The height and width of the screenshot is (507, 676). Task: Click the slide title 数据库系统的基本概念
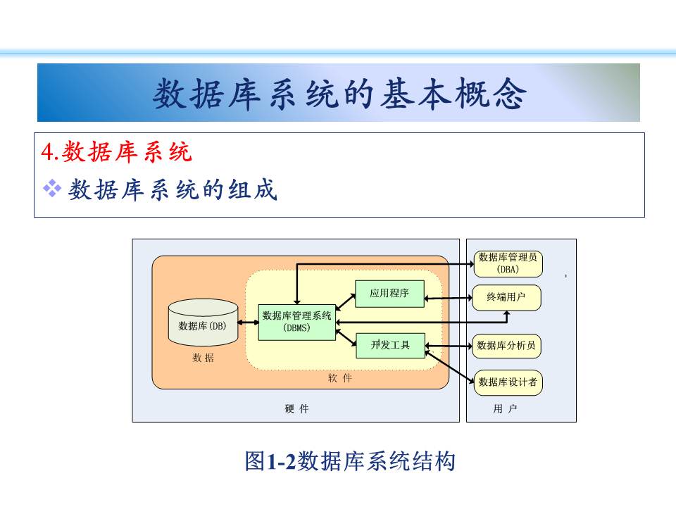(339, 94)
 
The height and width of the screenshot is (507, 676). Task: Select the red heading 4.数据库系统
(117, 151)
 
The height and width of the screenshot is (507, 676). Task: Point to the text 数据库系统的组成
(173, 189)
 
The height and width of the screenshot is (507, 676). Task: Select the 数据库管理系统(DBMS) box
(296, 321)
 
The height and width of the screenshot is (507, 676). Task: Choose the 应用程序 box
(389, 293)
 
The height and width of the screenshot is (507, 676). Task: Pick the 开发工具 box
(390, 345)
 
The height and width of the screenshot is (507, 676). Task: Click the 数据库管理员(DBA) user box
(507, 263)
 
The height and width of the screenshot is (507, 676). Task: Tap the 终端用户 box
(507, 298)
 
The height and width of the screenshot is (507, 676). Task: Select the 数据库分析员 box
(507, 346)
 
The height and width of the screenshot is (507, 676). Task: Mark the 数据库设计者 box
(507, 382)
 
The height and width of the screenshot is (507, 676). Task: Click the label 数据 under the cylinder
(203, 358)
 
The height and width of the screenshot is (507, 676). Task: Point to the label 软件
(339, 378)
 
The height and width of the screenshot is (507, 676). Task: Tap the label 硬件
(297, 409)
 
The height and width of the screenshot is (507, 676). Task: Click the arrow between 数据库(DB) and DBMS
(247, 323)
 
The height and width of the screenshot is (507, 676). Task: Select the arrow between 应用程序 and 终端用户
(449, 299)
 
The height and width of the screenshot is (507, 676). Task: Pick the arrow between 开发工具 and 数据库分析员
(449, 346)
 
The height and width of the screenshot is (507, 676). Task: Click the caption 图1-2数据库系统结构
(350, 462)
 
